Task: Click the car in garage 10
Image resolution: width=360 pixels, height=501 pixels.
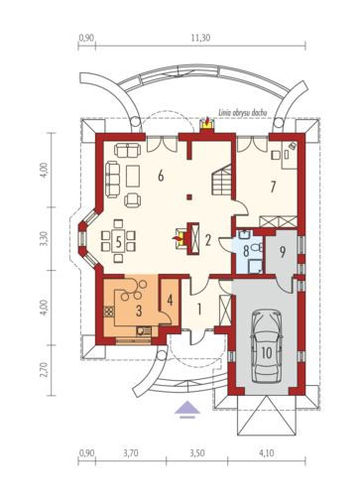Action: pos(267,346)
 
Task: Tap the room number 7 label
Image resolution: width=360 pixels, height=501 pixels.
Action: pos(273,187)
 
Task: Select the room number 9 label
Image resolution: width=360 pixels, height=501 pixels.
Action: pos(283,252)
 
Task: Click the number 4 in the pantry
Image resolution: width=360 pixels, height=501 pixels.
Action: pos(170,301)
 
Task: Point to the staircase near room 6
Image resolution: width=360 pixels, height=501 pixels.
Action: pos(222,181)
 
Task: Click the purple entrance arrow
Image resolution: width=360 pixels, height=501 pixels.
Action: pos(187,410)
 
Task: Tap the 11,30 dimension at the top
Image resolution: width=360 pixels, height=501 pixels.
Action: pos(200,38)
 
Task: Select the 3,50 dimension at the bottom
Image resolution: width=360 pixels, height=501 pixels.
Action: pos(197,452)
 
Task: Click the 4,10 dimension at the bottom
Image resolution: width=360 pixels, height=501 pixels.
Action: pos(267,452)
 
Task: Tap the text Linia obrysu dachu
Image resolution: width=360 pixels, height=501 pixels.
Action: pos(242,113)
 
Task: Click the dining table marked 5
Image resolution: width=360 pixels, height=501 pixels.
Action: pos(118,241)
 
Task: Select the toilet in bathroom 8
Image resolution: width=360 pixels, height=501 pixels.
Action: pos(256,247)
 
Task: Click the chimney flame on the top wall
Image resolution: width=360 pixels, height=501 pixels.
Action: pos(207,122)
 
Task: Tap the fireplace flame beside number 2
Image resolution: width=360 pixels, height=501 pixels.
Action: pos(179,238)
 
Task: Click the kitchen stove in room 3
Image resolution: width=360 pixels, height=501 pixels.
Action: pos(109,312)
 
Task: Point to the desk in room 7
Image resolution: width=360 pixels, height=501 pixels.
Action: pos(290,155)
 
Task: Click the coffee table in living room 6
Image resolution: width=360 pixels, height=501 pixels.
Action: pos(133,176)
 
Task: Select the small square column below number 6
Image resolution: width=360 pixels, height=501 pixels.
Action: pos(188,197)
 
